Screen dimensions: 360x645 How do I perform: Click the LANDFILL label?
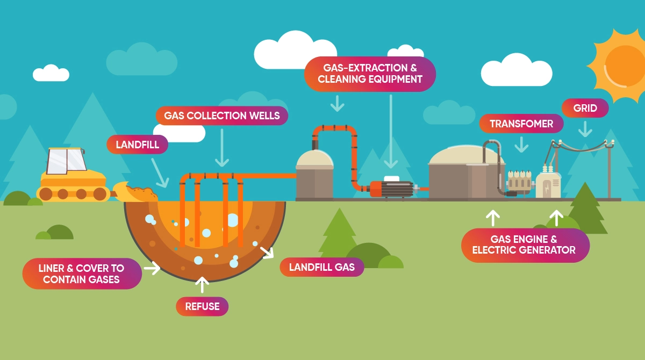137,145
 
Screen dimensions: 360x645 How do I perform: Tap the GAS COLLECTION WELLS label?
221,116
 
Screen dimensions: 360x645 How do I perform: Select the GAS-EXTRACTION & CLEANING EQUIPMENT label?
369,74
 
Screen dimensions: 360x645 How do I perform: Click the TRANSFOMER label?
521,124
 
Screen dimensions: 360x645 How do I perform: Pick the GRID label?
585,108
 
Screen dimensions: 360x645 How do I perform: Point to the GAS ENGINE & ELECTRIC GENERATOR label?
525,245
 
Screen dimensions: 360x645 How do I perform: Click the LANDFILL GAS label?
321,267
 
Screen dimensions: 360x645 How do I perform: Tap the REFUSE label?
202,306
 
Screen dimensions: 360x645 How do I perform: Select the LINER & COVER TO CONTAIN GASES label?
82,273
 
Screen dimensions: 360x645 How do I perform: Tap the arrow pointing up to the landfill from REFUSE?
202,284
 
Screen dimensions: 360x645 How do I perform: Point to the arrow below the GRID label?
585,129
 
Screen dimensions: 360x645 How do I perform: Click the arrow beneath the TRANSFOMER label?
521,144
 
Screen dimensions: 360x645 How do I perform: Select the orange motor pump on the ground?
391,189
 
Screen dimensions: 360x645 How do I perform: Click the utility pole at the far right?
609,169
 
